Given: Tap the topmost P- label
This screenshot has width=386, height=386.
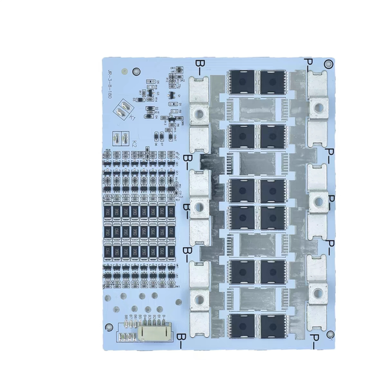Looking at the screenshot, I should point(309,62).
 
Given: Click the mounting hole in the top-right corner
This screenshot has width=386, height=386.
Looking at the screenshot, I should point(328,64).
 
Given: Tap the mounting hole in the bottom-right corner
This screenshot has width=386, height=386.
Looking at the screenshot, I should point(327,335).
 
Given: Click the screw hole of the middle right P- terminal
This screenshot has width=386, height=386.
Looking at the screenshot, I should point(317,200).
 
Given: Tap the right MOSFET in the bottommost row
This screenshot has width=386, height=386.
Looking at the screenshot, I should point(273,325).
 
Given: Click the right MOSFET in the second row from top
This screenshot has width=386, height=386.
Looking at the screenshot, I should point(273,136).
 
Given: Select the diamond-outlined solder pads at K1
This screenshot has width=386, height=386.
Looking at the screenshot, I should point(123,108).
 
